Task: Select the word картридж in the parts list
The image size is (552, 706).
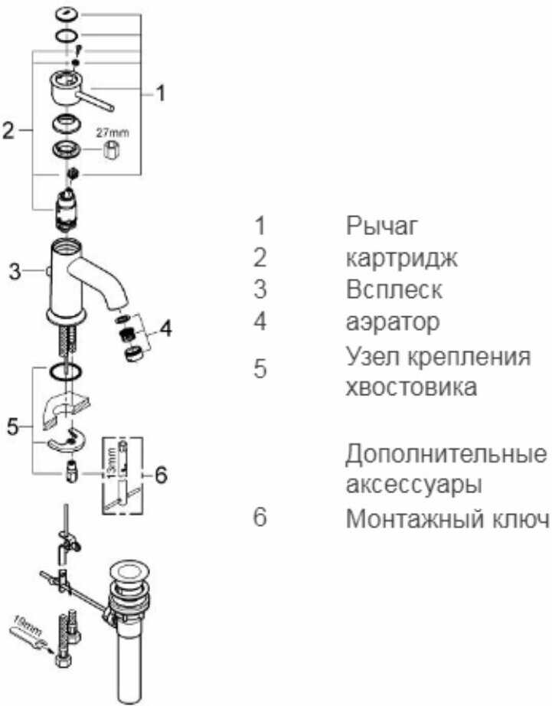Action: [402, 258]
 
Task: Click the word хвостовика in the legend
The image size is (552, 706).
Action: [411, 386]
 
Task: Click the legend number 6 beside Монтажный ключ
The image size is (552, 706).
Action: [260, 518]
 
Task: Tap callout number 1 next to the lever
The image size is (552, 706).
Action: [159, 93]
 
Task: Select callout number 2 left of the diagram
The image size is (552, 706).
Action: [8, 131]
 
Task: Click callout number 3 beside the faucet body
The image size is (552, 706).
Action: [14, 270]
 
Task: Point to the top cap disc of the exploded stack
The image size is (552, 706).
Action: [67, 14]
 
